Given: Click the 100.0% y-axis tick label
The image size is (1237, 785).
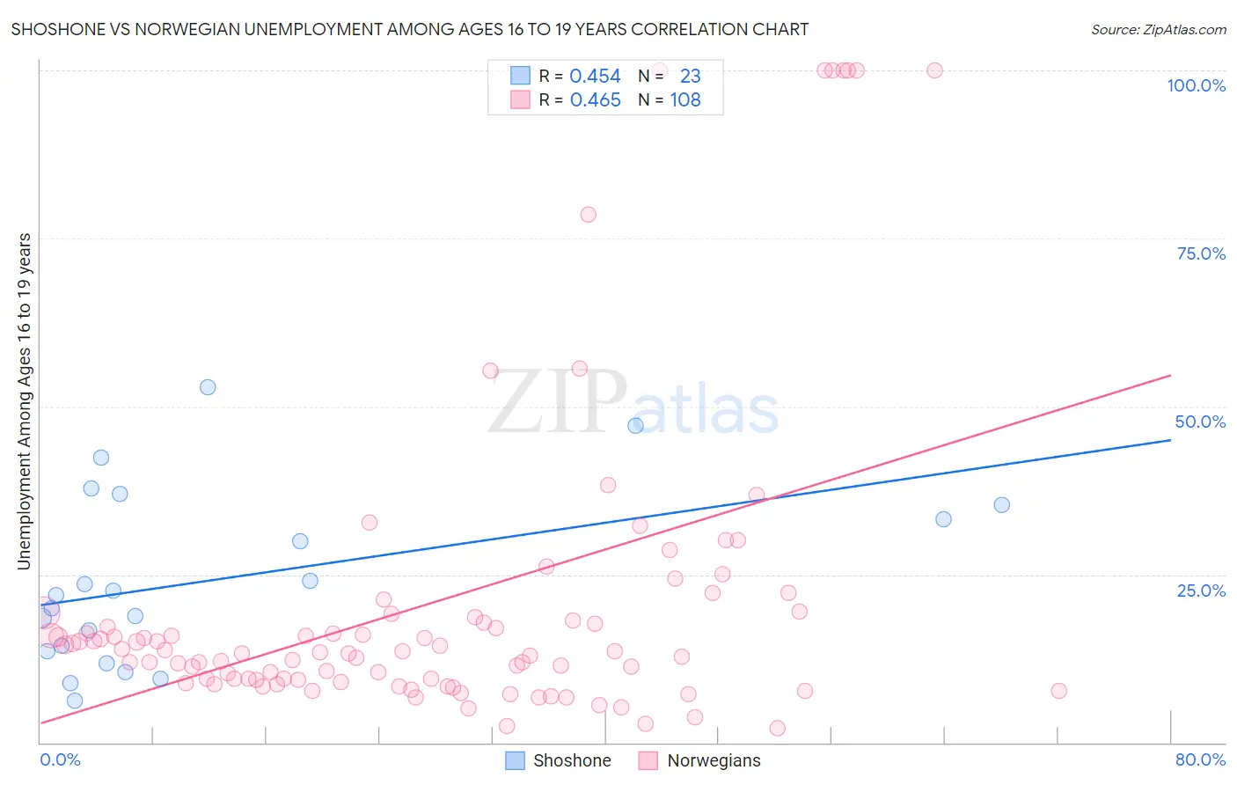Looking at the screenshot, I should (1196, 85).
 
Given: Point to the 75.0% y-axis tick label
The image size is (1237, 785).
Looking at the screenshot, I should (1201, 253).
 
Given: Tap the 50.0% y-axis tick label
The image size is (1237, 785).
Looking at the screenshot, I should (1200, 422).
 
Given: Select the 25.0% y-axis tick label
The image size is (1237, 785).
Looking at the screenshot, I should (1201, 591).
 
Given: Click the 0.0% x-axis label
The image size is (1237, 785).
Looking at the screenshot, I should (60, 759).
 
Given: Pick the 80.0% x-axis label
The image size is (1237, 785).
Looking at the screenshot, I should (1200, 759).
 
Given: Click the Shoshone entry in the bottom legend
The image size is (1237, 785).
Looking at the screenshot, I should (571, 760).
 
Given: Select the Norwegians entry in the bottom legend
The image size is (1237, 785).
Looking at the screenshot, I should (714, 760).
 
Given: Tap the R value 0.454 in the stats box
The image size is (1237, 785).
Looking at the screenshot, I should (595, 77).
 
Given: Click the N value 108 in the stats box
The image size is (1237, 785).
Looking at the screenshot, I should (685, 100).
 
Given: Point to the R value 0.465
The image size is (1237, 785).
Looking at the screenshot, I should (595, 100).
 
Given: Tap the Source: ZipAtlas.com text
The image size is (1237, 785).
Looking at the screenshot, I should (1158, 29).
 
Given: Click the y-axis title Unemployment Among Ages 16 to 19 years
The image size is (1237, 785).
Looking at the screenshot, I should (24, 401).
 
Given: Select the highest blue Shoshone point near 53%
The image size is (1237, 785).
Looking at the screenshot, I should (208, 387).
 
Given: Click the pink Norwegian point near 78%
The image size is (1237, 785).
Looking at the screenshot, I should (588, 215).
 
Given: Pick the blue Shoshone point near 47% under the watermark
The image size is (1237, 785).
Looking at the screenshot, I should (635, 426).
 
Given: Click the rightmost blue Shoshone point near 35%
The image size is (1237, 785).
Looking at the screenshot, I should (1001, 505).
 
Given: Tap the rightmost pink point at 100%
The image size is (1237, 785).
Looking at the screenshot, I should (934, 70).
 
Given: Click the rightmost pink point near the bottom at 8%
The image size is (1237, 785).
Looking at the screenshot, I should (1058, 691).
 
